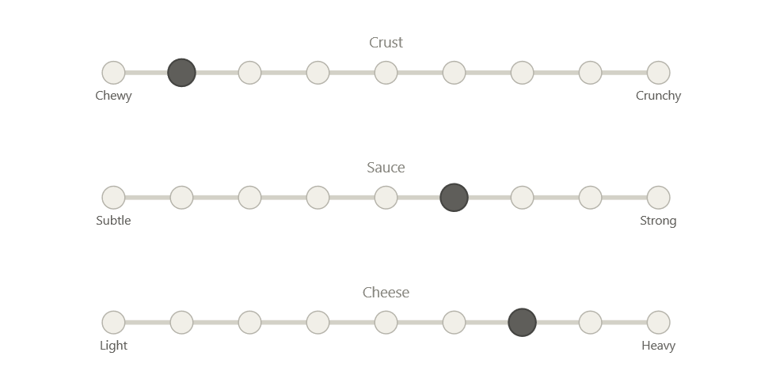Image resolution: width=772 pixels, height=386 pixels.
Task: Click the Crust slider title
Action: (x=386, y=43)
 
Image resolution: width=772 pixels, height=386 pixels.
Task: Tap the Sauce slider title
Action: (x=386, y=168)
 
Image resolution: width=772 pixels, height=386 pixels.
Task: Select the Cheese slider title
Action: (x=386, y=293)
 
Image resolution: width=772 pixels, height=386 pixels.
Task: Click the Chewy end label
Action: (x=113, y=96)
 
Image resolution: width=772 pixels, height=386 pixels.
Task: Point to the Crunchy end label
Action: (x=659, y=96)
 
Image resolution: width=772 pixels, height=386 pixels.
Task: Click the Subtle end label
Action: (x=113, y=221)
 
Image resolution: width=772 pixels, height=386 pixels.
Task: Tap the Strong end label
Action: (x=659, y=221)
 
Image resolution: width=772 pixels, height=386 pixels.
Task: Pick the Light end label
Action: (x=113, y=346)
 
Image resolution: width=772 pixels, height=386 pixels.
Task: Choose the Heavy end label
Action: (x=659, y=346)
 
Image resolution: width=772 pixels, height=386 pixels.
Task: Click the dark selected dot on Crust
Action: (x=181, y=73)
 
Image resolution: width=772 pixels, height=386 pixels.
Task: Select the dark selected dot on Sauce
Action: (x=454, y=198)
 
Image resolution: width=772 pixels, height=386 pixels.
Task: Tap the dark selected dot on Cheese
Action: (x=523, y=323)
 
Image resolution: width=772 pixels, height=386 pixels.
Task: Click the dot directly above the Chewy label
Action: (x=113, y=73)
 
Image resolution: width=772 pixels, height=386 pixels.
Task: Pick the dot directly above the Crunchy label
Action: (x=659, y=73)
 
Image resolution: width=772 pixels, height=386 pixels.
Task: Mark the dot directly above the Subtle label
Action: (x=113, y=198)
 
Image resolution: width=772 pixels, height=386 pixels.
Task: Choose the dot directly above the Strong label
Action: (x=659, y=198)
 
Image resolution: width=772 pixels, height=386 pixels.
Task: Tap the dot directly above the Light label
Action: (x=113, y=323)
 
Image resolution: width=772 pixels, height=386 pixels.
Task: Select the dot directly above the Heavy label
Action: (x=659, y=323)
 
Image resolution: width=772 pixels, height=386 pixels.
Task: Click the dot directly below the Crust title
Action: (x=386, y=73)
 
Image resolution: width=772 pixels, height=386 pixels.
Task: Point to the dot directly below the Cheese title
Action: (x=386, y=323)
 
